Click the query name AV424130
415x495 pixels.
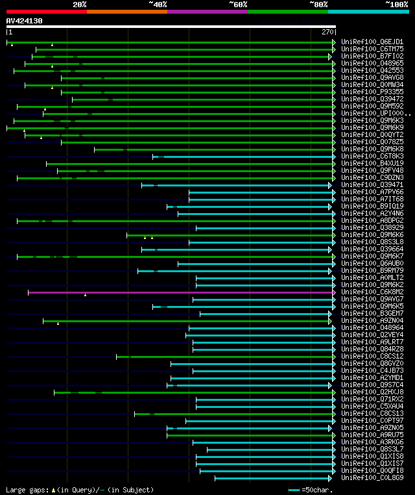[24, 21]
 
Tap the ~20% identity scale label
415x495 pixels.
[79, 4]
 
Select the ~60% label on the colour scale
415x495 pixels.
[238, 4]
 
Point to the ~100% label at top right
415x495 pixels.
[396, 4]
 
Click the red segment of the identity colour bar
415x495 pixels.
[46, 12]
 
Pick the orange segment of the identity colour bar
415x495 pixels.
[126, 12]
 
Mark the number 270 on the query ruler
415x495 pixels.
[327, 31]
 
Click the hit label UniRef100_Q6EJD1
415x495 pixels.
[372, 42]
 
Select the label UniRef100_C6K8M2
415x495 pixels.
[372, 292]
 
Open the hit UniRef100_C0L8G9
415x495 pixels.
[372, 478]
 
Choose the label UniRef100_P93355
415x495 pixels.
[372, 92]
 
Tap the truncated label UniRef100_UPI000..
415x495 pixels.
[373, 114]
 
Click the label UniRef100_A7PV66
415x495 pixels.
[372, 192]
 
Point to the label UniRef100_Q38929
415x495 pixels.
[372, 228]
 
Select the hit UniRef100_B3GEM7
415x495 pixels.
[372, 314]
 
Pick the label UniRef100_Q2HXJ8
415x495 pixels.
[372, 392]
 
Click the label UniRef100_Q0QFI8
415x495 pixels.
[372, 471]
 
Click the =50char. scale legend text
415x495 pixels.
[318, 490]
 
